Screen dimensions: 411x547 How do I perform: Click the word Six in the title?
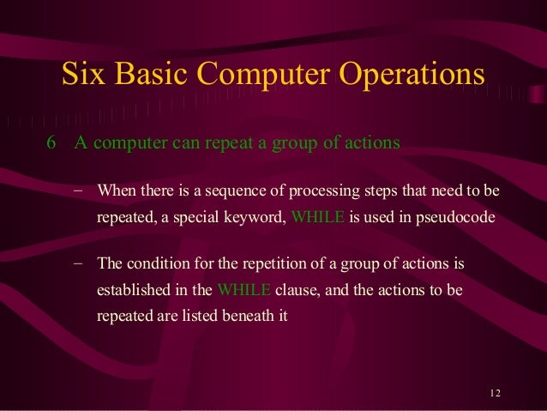tap(83, 75)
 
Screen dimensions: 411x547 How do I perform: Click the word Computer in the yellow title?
tap(263, 76)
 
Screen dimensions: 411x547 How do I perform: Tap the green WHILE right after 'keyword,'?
tap(318, 217)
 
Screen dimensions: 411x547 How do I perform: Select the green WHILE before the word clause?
tap(244, 289)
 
